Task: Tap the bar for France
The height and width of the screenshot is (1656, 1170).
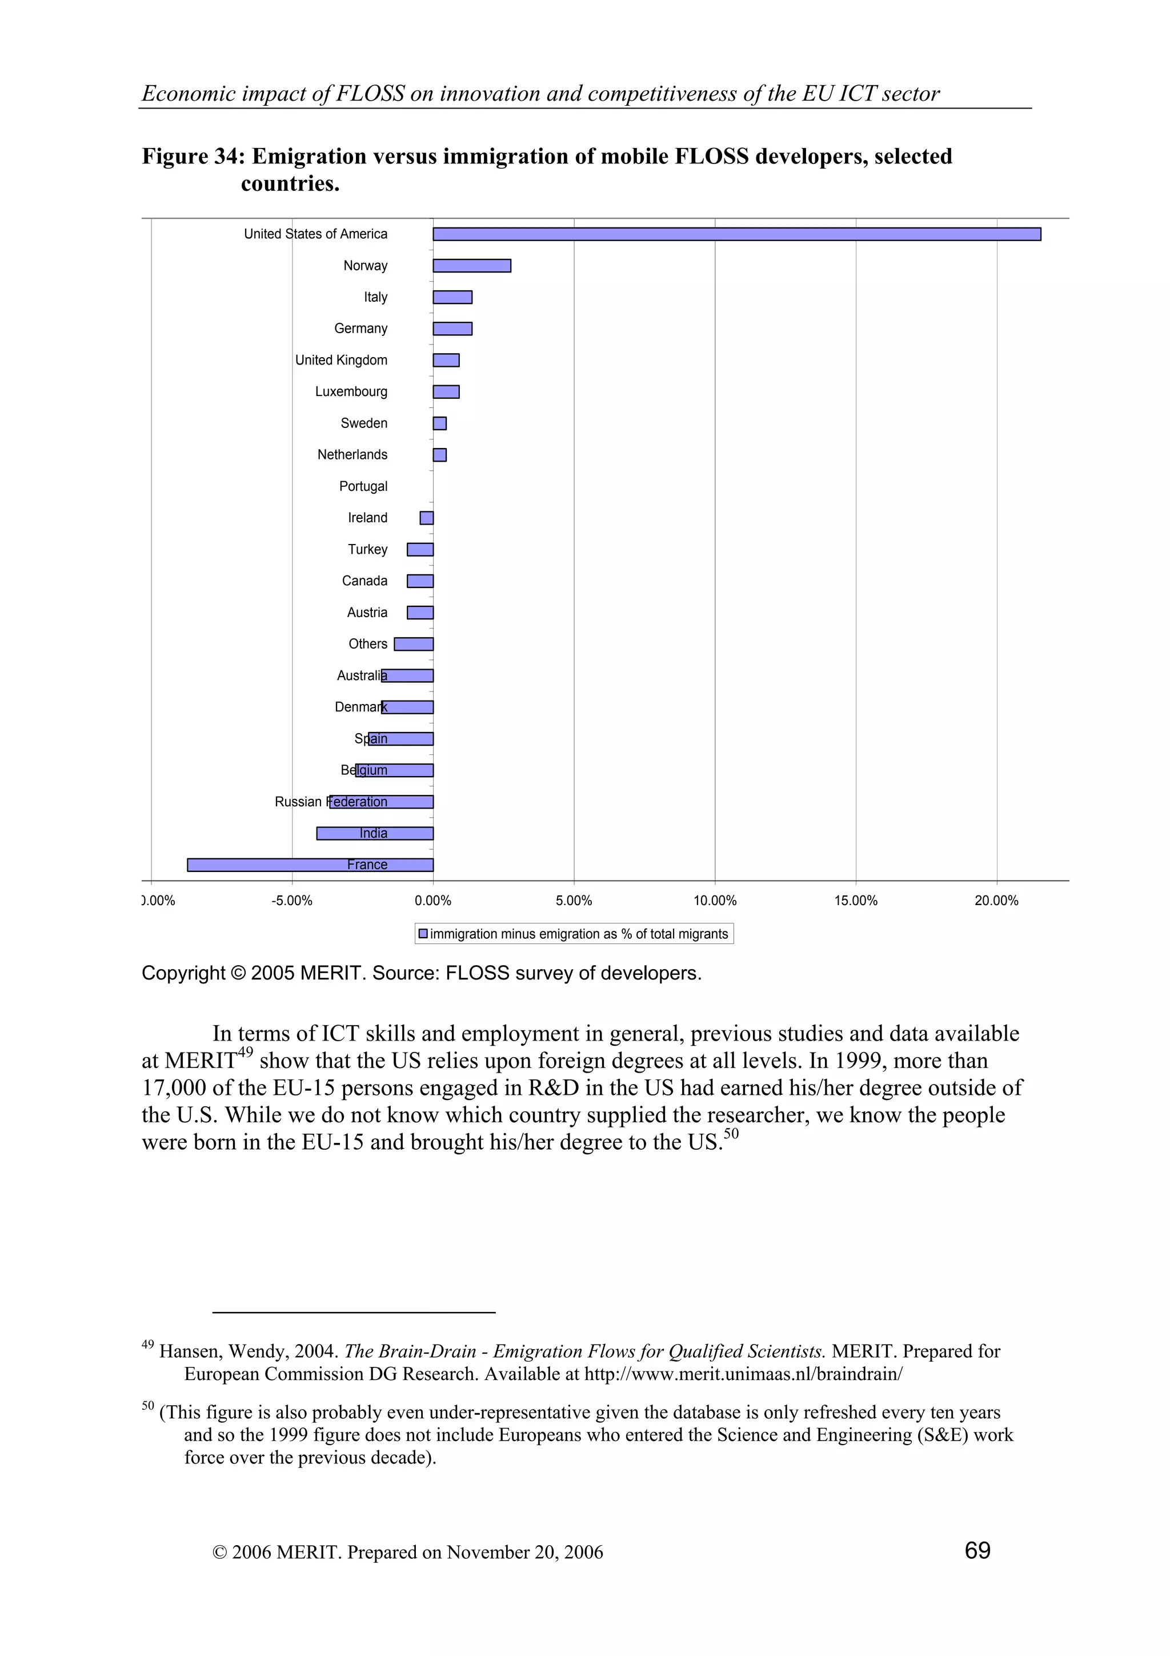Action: click(x=310, y=865)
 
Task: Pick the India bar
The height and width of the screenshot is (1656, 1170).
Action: click(x=375, y=833)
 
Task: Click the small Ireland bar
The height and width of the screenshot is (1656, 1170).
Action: click(x=427, y=518)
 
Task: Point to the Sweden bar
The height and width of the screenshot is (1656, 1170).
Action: click(x=439, y=423)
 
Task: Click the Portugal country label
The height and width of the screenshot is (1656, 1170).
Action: click(x=363, y=486)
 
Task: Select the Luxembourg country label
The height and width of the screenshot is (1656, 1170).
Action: click(x=351, y=391)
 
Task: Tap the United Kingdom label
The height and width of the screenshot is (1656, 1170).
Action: click(x=341, y=360)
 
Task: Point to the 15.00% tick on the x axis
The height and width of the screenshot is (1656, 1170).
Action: click(x=856, y=900)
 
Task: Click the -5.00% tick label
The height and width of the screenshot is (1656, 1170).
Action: click(x=292, y=900)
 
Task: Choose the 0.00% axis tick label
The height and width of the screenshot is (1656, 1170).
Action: click(x=432, y=900)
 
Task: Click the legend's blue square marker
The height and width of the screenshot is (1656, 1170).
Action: click(x=423, y=933)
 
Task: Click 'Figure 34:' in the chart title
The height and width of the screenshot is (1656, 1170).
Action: click(x=193, y=156)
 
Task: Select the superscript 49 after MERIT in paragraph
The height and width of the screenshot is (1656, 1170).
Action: click(x=245, y=1053)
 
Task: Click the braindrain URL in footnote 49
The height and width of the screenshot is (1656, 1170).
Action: click(x=743, y=1373)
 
